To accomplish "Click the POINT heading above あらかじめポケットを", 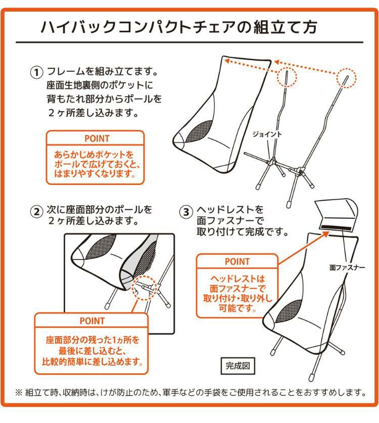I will pyautogui.click(x=96, y=138).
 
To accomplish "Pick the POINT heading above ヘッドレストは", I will pyautogui.click(x=237, y=261).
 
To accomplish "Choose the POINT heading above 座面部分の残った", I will pyautogui.click(x=92, y=321).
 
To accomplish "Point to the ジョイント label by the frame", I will pyautogui.click(x=267, y=134).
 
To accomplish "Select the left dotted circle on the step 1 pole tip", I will pyautogui.click(x=287, y=77).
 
